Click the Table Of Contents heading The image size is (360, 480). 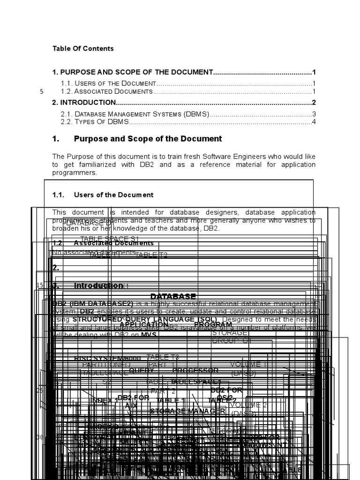point(83,48)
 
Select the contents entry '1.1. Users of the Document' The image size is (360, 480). point(108,83)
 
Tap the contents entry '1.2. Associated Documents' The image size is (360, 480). point(107,91)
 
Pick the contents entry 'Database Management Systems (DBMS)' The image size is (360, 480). point(135,114)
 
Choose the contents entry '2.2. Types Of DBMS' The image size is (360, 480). point(95,122)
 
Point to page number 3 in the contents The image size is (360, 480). point(314,114)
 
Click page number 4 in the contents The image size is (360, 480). point(314,122)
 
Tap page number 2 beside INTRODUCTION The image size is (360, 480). point(314,103)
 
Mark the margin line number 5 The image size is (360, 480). point(42,91)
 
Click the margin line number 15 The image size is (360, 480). point(40,285)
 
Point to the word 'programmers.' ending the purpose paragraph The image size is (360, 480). point(75,172)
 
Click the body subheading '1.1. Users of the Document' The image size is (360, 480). point(103,195)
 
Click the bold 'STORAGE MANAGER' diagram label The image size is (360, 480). point(187,411)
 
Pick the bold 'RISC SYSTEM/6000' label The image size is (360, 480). point(107,359)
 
